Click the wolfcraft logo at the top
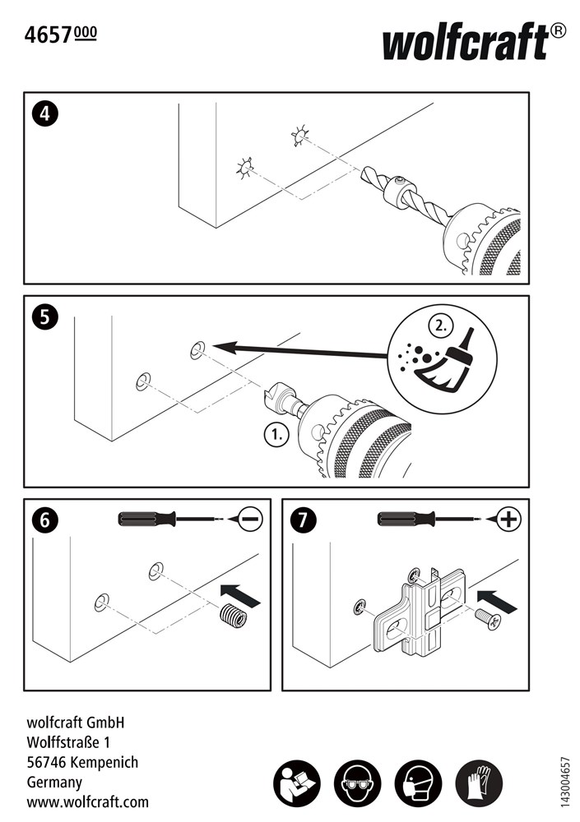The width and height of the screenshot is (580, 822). [474, 41]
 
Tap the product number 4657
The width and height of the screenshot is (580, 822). [48, 35]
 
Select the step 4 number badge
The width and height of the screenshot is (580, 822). [44, 113]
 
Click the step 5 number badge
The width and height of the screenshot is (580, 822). [44, 317]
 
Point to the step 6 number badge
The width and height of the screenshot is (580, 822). [44, 520]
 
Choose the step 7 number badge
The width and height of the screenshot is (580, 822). [304, 520]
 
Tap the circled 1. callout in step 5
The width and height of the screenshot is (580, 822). [276, 435]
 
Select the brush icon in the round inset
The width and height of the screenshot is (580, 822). [445, 362]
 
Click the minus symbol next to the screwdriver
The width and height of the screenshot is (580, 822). [251, 519]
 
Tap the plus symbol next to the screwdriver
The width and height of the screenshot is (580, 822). [509, 519]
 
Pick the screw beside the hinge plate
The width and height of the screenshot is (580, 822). [488, 619]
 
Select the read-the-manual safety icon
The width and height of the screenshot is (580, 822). [296, 783]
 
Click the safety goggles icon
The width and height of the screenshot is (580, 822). [357, 783]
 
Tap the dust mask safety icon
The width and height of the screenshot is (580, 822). [418, 783]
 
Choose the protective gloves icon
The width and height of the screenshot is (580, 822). [480, 783]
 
